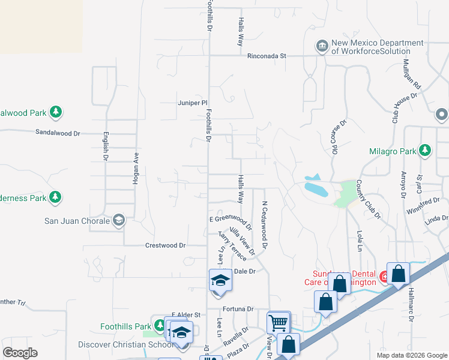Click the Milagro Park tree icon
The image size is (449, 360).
click(x=425, y=149)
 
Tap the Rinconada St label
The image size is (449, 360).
click(x=267, y=56)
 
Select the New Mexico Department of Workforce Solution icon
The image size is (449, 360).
click(x=322, y=46)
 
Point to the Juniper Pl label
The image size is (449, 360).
click(x=192, y=103)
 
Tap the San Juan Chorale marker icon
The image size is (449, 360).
click(x=119, y=221)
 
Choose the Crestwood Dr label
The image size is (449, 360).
click(x=166, y=245)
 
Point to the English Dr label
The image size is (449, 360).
click(x=106, y=146)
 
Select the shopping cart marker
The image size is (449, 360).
click(x=279, y=322)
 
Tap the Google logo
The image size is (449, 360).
click(x=20, y=353)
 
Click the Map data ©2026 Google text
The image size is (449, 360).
click(x=412, y=355)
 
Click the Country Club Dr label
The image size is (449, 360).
click(x=369, y=199)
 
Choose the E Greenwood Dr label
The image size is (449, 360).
click(x=231, y=220)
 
